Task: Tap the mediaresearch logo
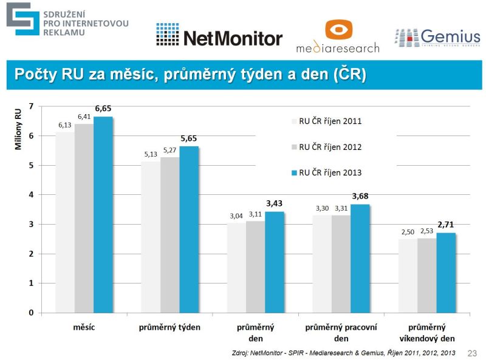[x=338, y=36]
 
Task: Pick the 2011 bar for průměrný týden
[x=150, y=237]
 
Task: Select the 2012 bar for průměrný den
[x=255, y=267]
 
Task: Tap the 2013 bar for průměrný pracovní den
[x=360, y=258]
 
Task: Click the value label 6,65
[x=103, y=109]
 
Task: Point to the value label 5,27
[x=169, y=150]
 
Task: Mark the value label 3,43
[x=275, y=203]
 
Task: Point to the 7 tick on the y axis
[x=31, y=106]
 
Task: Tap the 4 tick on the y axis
[x=31, y=195]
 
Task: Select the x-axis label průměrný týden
[x=169, y=327]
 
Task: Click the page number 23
[x=472, y=353]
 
